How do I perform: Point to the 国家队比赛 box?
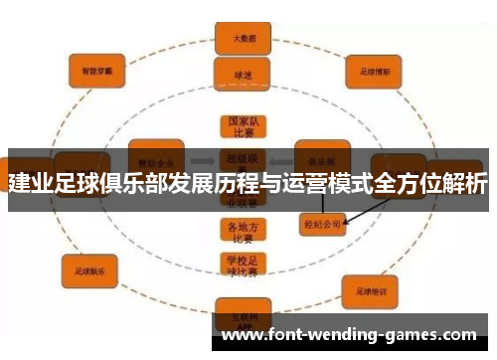point(244,127)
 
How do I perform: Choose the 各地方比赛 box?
point(243,230)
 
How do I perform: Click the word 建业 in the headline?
point(31,185)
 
